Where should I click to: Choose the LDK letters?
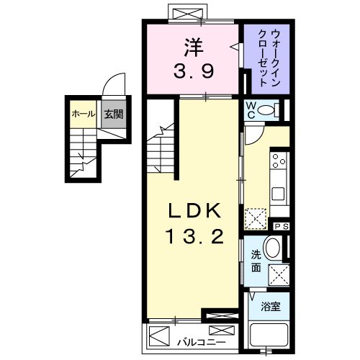tap(192, 212)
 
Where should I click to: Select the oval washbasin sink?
tap(273, 249)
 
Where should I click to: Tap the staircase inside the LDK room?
tap(161, 144)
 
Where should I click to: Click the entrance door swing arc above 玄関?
tap(113, 86)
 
